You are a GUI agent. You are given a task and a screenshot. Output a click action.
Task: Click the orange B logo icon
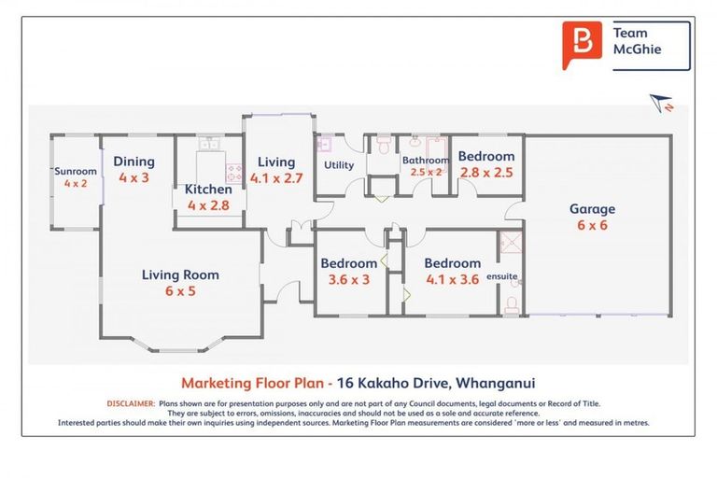coord(582,45)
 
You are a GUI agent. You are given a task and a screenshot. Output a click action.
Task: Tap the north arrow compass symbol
coord(661,103)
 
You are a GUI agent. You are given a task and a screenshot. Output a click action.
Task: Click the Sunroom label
coord(76,171)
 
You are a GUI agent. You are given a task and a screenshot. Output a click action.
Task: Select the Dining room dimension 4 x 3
coord(134,177)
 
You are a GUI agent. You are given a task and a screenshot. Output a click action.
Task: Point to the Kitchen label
coord(208,189)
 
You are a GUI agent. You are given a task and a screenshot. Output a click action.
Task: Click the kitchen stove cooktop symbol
coord(234,173)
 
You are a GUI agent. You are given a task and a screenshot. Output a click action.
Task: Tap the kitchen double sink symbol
coord(208,144)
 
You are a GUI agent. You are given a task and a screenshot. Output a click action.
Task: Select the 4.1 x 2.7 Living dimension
coord(276,178)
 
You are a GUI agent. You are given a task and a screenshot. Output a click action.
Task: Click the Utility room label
coord(339,165)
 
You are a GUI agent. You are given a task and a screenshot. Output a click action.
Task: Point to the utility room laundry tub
coord(324,144)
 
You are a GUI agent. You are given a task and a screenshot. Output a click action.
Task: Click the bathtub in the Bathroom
coord(437,148)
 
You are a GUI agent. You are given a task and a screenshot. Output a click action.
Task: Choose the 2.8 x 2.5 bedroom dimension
coord(486,173)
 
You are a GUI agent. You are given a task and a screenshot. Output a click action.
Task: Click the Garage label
coord(592,209)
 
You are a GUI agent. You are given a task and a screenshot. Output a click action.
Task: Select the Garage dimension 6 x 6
coord(592,225)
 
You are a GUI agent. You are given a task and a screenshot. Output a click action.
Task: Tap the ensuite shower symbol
coord(512,243)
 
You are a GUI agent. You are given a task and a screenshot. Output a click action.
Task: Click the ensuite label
coord(501,276)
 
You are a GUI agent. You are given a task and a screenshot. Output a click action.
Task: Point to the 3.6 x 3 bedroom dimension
coord(349,279)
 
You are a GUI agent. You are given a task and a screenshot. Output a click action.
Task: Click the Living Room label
coord(180,274)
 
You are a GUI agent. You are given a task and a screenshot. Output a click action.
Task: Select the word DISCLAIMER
coord(132,403)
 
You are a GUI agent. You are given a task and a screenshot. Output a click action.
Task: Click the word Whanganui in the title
coord(496,383)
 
